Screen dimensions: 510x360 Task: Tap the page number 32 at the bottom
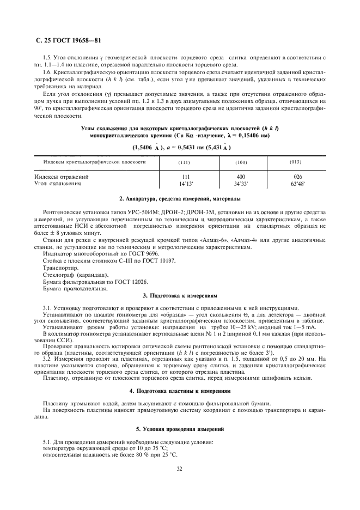(x=179, y=468)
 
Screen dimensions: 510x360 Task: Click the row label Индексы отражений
(x=62, y=177)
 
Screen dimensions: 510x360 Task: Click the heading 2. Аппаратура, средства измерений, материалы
(x=179, y=199)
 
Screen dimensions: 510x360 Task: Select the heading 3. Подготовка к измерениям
(x=179, y=295)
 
